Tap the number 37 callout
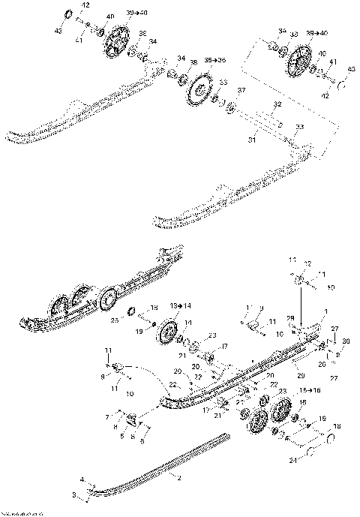coord(241,90)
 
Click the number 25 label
coord(115,320)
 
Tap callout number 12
coord(306,263)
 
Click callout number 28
coord(289,318)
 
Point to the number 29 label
coord(300,373)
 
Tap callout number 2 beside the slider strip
coord(179,476)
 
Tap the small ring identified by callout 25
coord(130,311)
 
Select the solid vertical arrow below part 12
coord(302,307)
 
